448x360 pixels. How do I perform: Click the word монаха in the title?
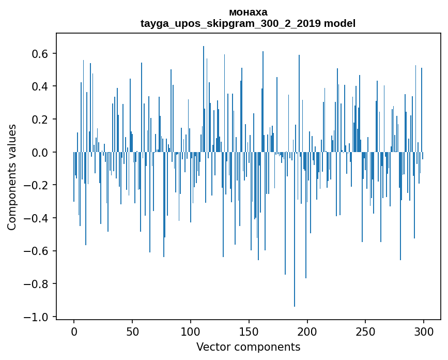(248, 12)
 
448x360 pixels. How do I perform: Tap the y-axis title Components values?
(11, 177)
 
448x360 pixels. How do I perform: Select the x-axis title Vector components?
(248, 347)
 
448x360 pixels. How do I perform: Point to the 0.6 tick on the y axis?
(41, 54)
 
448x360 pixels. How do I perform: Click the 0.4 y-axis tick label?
(41, 86)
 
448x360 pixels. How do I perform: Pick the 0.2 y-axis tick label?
(41, 119)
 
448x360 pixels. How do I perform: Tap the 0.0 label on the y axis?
(41, 152)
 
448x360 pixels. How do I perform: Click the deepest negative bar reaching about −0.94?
(295, 233)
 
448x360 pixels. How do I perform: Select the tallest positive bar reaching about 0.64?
(204, 98)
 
